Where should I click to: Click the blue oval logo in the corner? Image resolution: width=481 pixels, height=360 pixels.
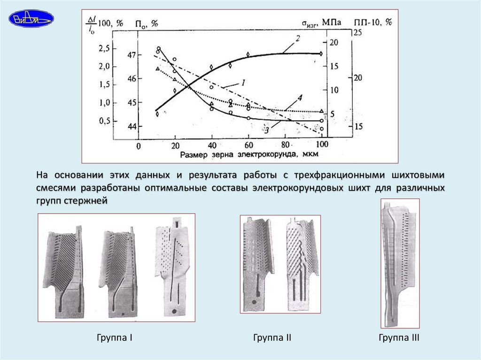tap(31, 19)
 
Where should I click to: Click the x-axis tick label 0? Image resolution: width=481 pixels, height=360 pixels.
tap(139, 146)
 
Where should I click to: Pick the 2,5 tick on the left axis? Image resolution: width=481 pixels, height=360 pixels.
tap(104, 49)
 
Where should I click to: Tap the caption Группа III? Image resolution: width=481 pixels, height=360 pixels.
tap(399, 338)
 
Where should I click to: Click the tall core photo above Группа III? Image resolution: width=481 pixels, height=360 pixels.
tap(400, 263)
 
